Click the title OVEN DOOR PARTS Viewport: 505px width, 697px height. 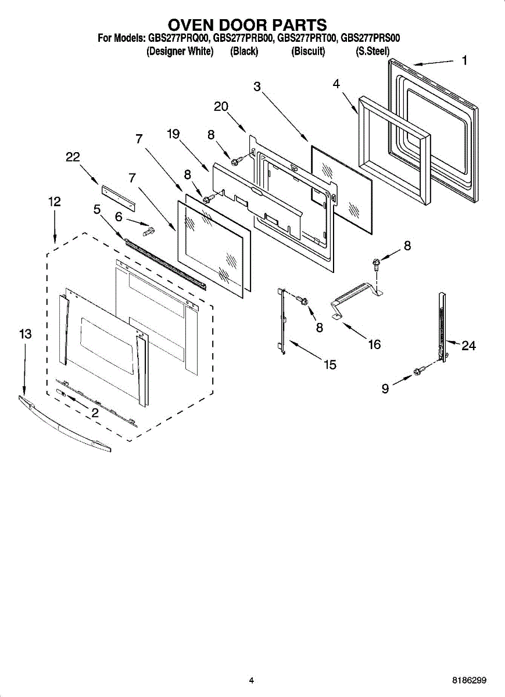pos(248,25)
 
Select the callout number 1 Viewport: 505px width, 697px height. pos(464,60)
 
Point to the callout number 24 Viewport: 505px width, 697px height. pos(468,346)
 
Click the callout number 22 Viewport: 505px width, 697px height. pos(73,157)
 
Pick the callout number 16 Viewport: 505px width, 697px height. pos(374,344)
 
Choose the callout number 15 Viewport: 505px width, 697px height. pos(330,365)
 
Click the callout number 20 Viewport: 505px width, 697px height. pos(221,106)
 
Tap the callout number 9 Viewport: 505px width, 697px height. pos(385,389)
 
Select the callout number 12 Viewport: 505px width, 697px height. pos(54,202)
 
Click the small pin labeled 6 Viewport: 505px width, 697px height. pos(149,232)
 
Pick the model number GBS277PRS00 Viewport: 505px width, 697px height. pos(370,39)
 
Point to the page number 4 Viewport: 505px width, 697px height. pos(251,680)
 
